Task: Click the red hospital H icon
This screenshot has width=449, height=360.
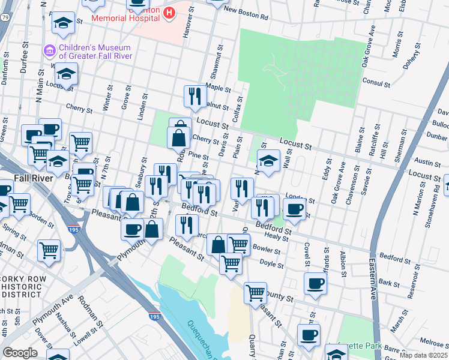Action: [169, 11]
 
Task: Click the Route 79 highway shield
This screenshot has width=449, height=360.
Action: [4, 18]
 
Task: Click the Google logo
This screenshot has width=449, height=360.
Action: [20, 352]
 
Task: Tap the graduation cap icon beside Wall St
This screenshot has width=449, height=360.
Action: [269, 160]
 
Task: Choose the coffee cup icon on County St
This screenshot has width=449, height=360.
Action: [315, 284]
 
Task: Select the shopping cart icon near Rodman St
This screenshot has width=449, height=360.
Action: [49, 250]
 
